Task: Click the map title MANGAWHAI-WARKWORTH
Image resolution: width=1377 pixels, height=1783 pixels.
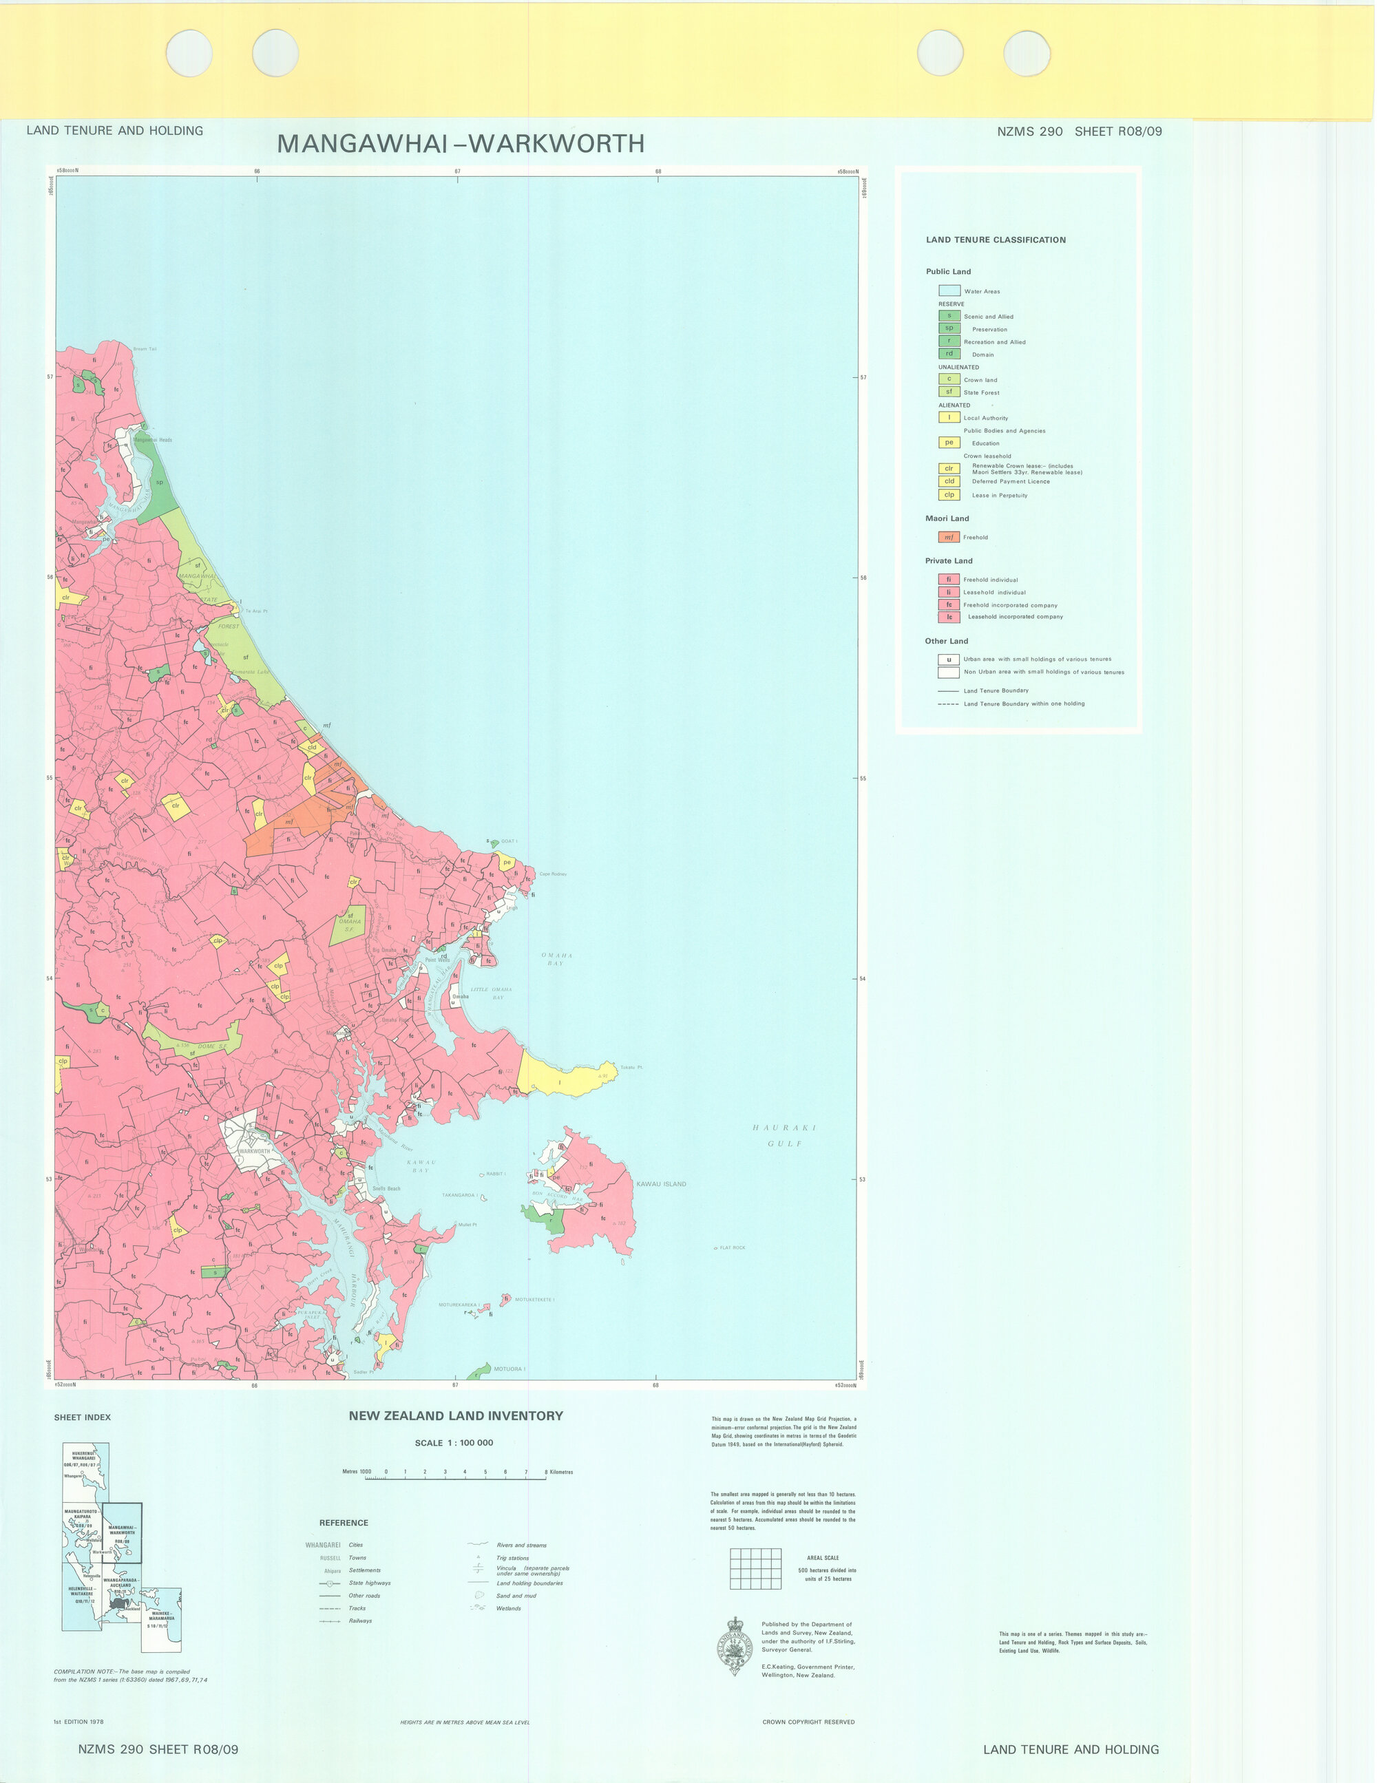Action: (461, 144)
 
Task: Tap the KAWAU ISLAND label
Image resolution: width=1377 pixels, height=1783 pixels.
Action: (661, 1184)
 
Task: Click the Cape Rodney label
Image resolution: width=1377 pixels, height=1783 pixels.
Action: (553, 874)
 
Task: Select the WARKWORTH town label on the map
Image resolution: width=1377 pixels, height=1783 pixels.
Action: (253, 1151)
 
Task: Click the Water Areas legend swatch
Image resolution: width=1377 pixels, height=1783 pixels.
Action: (949, 291)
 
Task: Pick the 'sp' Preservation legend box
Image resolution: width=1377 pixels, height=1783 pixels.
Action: (949, 328)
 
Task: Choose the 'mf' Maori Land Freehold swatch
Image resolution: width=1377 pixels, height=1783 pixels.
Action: (948, 537)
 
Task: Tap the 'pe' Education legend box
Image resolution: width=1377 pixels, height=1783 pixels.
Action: (948, 443)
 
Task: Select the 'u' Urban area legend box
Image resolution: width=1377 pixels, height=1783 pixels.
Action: (948, 660)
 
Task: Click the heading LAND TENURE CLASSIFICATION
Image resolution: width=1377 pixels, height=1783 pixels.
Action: (996, 240)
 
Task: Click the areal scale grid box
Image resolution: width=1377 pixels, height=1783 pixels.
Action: (755, 1568)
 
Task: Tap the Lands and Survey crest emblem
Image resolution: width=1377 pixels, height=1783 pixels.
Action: (735, 1646)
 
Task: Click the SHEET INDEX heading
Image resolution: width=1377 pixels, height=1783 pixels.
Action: (83, 1417)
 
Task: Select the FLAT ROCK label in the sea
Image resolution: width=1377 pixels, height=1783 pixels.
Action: (732, 1247)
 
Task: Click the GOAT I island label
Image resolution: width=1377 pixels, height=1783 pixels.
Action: (508, 841)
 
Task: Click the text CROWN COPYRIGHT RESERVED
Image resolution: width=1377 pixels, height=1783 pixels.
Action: (808, 1722)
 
